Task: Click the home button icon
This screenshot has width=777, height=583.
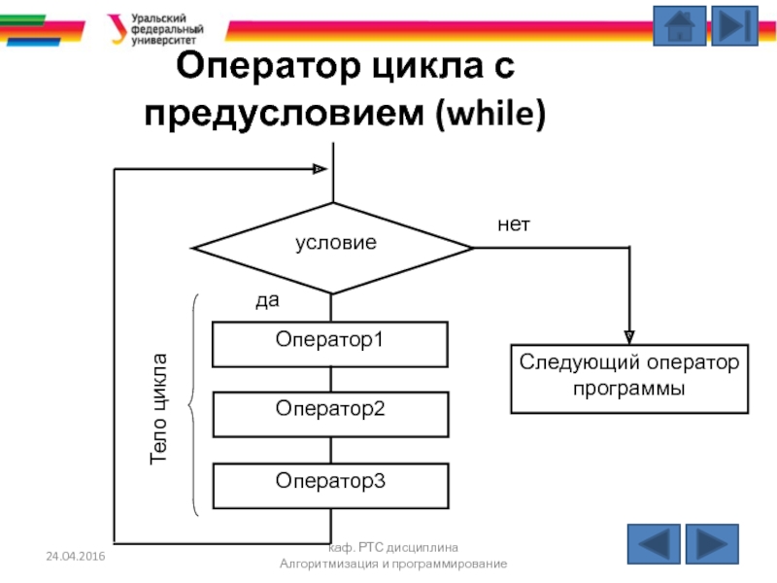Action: tap(679, 26)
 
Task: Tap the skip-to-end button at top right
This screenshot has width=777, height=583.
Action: tap(734, 26)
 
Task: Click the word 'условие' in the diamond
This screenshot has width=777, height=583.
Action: tap(335, 244)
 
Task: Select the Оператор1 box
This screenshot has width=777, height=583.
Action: tap(330, 343)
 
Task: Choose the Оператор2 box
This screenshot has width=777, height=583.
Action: tap(330, 413)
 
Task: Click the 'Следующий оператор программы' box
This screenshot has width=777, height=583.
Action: tap(629, 377)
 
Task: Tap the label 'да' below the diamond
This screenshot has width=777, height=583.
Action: tap(267, 301)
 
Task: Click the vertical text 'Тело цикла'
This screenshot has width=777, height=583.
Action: tap(158, 407)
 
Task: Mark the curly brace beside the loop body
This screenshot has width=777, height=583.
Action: tap(193, 403)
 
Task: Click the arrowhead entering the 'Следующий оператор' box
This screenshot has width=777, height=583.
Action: tap(629, 336)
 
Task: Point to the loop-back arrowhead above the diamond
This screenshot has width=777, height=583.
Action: tap(320, 169)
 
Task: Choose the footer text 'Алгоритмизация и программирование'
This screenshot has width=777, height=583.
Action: tap(392, 565)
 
